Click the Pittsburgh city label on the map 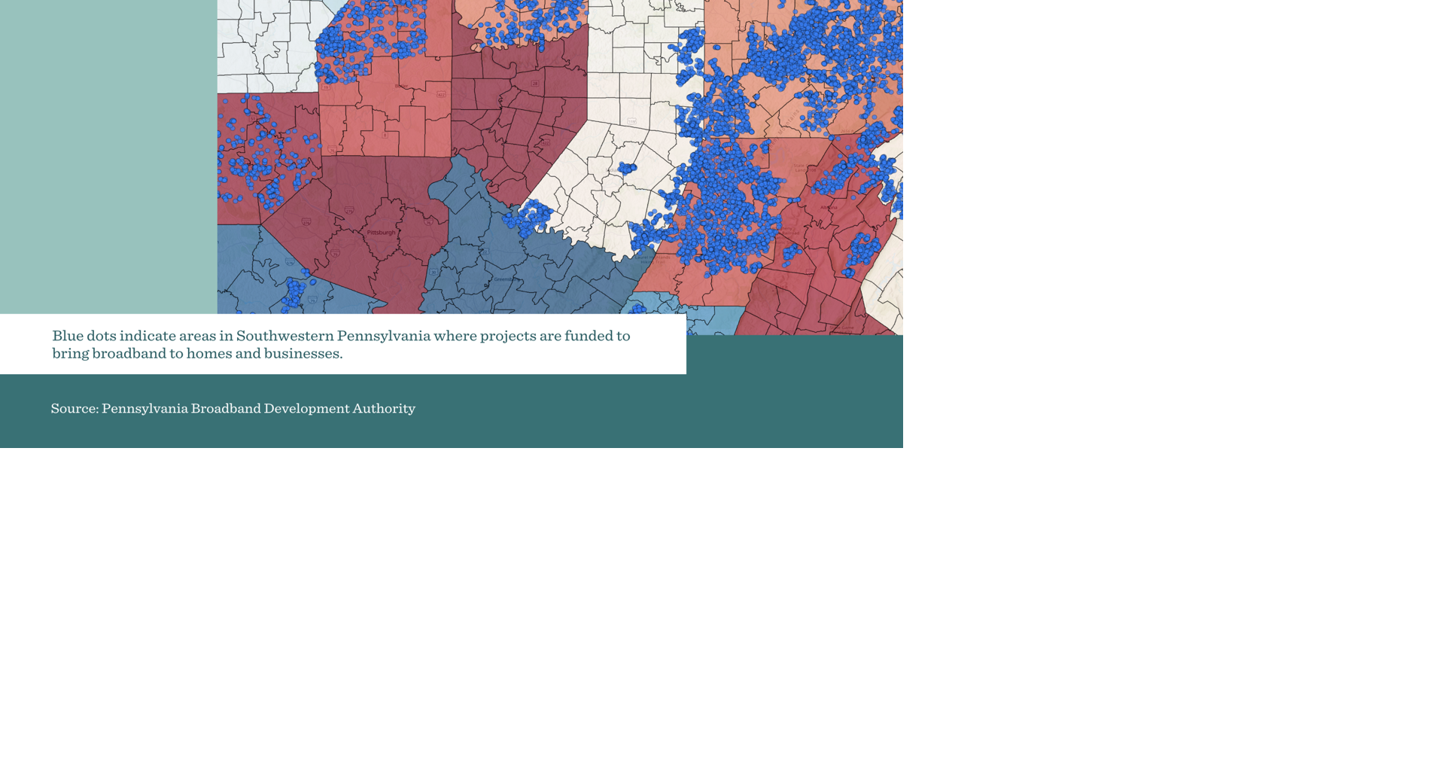click(x=381, y=233)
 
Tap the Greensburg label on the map click(x=505, y=279)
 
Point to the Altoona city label click(x=829, y=208)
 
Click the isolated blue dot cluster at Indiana click(x=627, y=168)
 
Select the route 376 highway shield click(x=306, y=222)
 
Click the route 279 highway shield click(x=349, y=211)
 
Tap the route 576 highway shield click(x=290, y=262)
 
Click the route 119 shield click(x=632, y=121)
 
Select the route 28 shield click(x=535, y=84)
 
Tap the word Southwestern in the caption click(x=284, y=336)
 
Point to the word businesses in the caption click(x=303, y=353)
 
